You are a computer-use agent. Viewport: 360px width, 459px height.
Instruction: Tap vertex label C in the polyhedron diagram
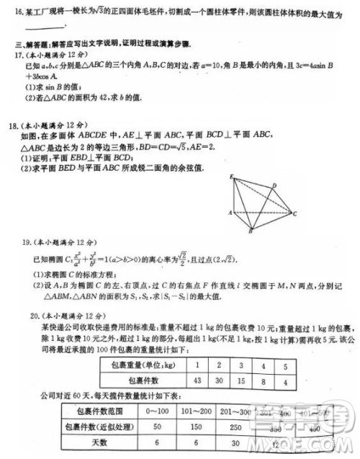point(295,213)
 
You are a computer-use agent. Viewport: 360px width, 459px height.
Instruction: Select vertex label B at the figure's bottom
point(250,232)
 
